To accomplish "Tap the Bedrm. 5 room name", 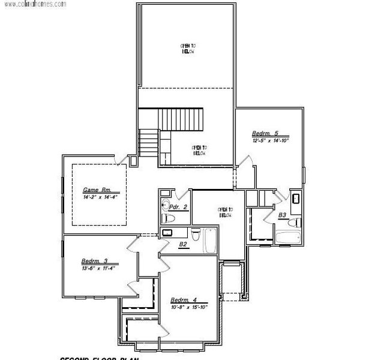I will click(265, 133).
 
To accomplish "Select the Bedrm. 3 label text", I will click(94, 261).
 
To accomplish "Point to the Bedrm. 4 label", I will click(184, 300).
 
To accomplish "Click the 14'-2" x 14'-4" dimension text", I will click(100, 196).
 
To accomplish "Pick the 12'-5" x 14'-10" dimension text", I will click(271, 140).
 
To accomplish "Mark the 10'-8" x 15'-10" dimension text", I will click(189, 307).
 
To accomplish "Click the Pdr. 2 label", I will click(179, 206).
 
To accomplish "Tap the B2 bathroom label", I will click(184, 244).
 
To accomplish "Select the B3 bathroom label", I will click(281, 214).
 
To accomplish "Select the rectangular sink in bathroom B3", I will click(296, 199).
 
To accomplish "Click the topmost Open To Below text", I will click(188, 49).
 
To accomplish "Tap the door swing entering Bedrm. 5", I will click(244, 161).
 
